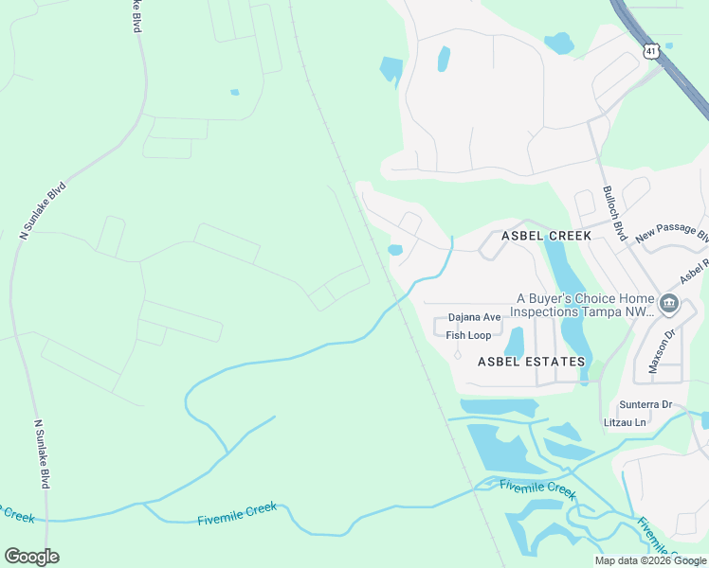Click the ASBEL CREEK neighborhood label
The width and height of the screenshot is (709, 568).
click(x=546, y=236)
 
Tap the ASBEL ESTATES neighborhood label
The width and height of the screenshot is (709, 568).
click(x=531, y=362)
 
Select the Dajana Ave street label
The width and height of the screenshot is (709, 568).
click(x=474, y=317)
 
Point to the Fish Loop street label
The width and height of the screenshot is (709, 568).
click(x=468, y=335)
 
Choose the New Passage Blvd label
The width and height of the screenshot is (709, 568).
click(x=672, y=234)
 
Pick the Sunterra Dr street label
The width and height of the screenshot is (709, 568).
click(x=638, y=404)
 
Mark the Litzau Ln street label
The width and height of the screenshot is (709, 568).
click(x=626, y=421)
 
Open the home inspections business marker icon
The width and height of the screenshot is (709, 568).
click(x=669, y=304)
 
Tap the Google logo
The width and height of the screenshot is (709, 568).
click(x=31, y=557)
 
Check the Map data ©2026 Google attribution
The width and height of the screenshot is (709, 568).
click(x=651, y=560)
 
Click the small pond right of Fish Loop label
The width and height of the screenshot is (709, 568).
click(x=515, y=342)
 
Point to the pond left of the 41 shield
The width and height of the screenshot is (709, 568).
click(x=559, y=43)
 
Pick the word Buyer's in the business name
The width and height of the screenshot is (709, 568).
click(x=561, y=297)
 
